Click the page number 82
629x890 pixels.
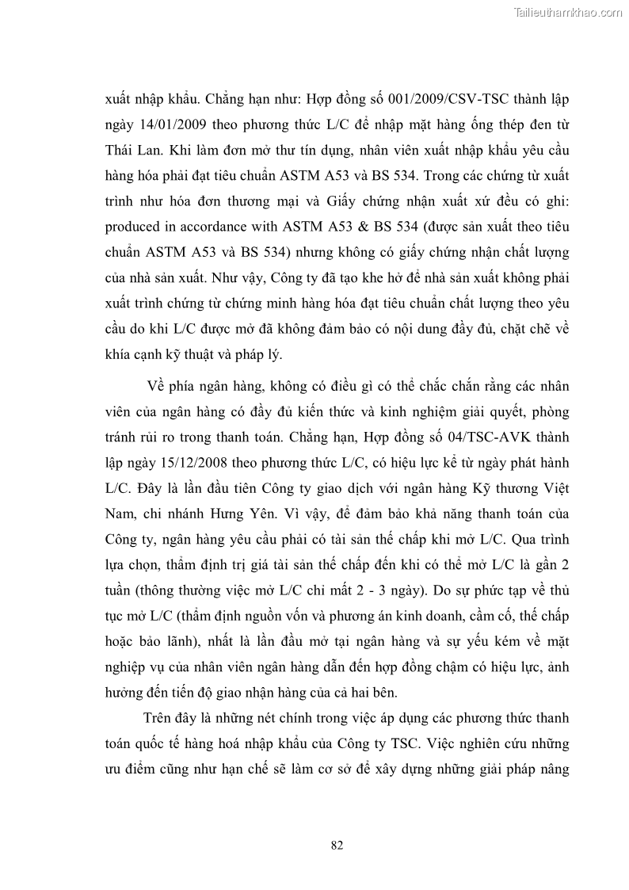point(336,845)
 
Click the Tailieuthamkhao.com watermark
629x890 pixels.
point(568,12)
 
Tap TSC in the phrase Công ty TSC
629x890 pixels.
point(407,743)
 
